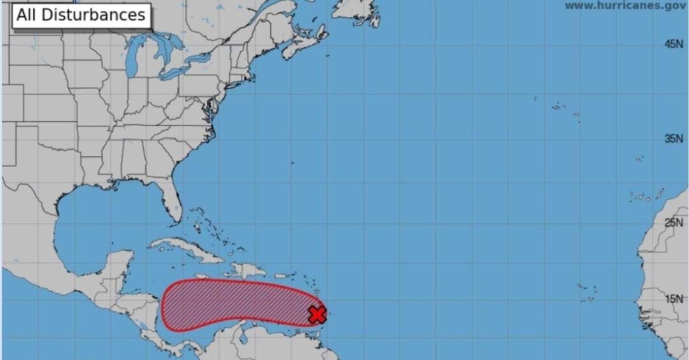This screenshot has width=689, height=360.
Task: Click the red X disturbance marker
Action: [x=317, y=314]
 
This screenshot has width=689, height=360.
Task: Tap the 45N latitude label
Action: [x=674, y=44]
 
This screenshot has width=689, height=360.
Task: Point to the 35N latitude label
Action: [x=674, y=139]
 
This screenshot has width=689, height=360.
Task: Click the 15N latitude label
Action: [x=674, y=298]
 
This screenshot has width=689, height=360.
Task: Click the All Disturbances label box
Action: [x=81, y=15]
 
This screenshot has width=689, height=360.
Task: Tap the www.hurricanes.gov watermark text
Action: [x=625, y=6]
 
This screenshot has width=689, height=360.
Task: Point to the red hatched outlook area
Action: [x=236, y=303]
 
